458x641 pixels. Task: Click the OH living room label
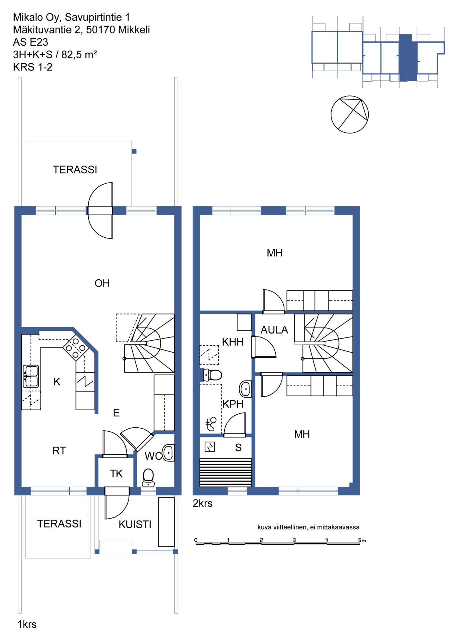point(102,283)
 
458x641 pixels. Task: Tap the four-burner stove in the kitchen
point(76,348)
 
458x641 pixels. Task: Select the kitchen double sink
point(31,376)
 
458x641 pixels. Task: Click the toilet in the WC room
point(148,478)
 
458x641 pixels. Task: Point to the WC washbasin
point(168,453)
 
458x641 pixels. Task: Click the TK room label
point(116,473)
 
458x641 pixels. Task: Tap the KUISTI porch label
point(135,524)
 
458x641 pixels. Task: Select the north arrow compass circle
point(350,115)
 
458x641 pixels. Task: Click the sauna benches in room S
point(226,472)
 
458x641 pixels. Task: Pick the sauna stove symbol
point(210,447)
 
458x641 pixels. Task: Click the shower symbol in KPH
point(211,424)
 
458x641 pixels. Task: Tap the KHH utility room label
point(233,342)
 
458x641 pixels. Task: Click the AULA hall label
point(274,330)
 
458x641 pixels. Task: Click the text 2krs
point(203,503)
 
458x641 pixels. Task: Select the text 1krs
point(27,624)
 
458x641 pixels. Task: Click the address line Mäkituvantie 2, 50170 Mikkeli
point(81,30)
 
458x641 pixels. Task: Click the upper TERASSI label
point(75,170)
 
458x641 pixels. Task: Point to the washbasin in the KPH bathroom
point(246,389)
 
